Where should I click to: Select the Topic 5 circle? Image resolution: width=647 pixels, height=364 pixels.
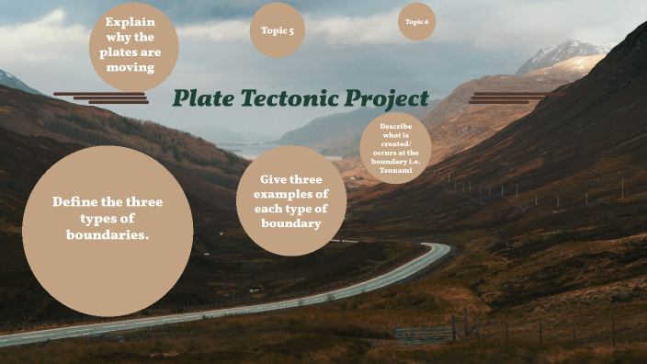click(x=277, y=30)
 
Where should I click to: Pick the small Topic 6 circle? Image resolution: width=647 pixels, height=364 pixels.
click(x=416, y=21)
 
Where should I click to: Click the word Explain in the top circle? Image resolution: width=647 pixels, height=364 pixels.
click(x=130, y=21)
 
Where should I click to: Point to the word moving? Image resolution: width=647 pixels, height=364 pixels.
click(x=130, y=68)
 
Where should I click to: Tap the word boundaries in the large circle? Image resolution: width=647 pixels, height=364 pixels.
click(x=107, y=234)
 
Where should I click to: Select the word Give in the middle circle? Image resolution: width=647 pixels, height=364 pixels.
click(x=275, y=179)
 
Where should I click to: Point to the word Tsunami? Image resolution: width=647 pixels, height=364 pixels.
click(x=396, y=171)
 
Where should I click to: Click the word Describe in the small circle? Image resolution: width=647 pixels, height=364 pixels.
click(x=396, y=126)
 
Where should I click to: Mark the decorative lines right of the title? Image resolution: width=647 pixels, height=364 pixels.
click(x=505, y=97)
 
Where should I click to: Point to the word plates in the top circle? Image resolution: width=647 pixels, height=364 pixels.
click(x=119, y=52)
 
